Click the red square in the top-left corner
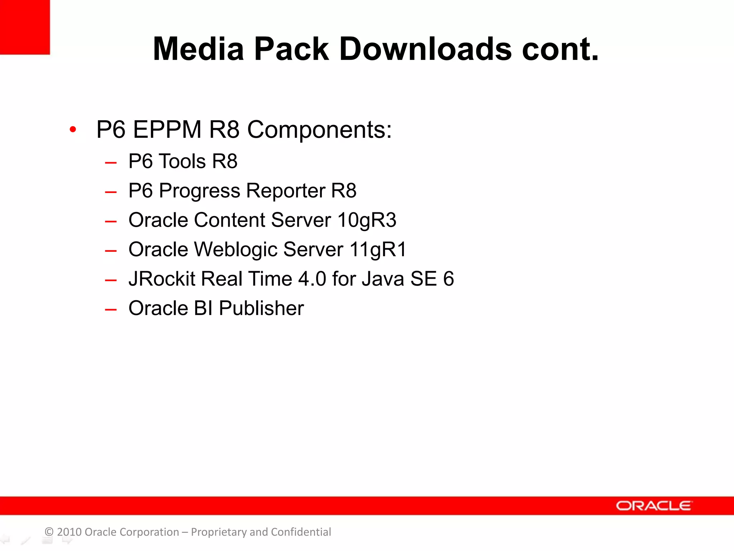pos(24,27)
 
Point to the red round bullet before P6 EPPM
pos(73,129)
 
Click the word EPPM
pos(167,129)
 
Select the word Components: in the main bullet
pos(319,130)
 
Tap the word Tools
pos(182,161)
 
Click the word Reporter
pos(285,190)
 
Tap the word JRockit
pos(162,279)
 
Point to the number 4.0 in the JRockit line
pos(312,279)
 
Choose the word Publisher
pos(261,309)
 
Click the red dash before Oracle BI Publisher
pos(111,309)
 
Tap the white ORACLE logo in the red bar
pos(654,506)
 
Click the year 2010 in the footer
pos(69,532)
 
